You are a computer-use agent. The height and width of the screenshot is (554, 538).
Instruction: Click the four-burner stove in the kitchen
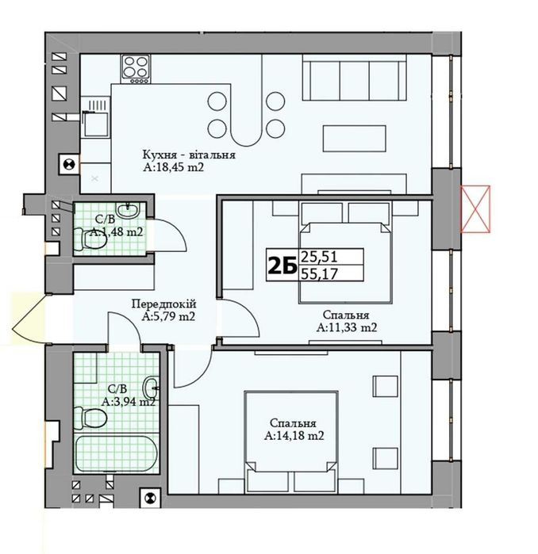click(x=136, y=69)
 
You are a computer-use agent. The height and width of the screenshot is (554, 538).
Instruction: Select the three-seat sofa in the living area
click(x=354, y=80)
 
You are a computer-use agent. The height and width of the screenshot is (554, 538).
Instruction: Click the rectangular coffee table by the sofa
click(x=354, y=138)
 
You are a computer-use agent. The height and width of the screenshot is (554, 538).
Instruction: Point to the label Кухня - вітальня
click(x=189, y=155)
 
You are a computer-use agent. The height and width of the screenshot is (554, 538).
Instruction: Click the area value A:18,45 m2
click(x=174, y=167)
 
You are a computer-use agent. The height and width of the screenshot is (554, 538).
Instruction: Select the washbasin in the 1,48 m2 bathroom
click(x=128, y=211)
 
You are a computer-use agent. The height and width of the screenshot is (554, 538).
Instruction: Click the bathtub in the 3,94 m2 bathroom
click(x=115, y=454)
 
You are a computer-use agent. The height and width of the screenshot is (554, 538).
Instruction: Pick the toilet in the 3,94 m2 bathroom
click(x=90, y=417)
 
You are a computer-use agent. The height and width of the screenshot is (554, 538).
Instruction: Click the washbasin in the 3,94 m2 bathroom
click(x=152, y=388)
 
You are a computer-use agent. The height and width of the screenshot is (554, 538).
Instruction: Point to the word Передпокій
click(x=163, y=304)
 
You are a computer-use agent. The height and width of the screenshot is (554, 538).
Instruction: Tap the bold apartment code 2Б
click(x=282, y=266)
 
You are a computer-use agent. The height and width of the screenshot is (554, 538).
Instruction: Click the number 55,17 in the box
click(x=318, y=273)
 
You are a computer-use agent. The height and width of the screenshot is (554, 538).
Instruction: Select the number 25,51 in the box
click(x=318, y=257)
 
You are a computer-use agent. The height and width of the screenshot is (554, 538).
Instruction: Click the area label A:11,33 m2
click(x=347, y=327)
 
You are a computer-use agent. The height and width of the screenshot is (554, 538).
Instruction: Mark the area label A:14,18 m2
click(x=294, y=436)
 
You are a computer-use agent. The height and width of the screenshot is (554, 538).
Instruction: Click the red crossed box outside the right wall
click(x=475, y=208)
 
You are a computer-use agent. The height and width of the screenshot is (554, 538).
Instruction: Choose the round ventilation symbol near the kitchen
click(x=69, y=164)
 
